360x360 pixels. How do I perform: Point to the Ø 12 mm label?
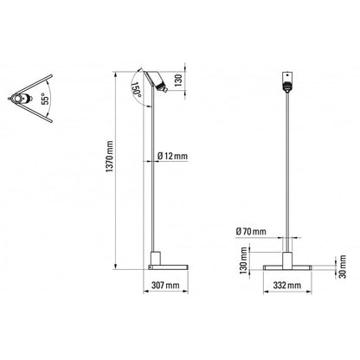click(174, 155)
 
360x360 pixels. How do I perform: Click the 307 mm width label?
click(165, 285)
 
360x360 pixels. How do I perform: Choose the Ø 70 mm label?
click(251, 231)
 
